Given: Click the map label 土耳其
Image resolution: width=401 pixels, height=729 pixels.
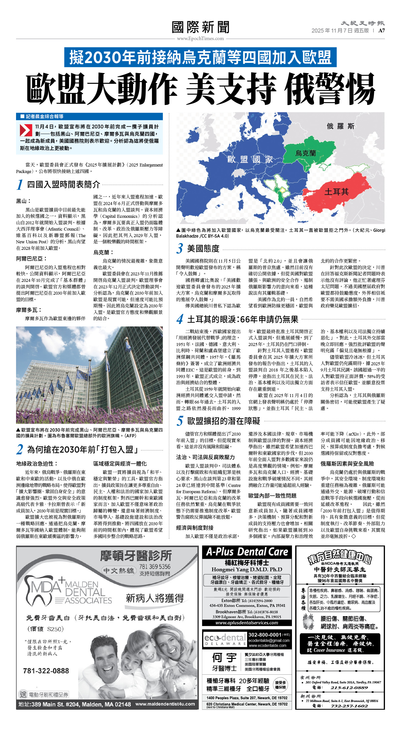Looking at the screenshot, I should tap(336, 192).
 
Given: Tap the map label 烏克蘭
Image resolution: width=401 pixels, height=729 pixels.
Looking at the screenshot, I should tap(305, 153).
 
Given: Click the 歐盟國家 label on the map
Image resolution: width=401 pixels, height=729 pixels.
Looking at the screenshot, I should tap(250, 159).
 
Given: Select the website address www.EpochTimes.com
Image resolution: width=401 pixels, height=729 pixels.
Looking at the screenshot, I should tap(200, 39).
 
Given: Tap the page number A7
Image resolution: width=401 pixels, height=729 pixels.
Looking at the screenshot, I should tap(381, 31).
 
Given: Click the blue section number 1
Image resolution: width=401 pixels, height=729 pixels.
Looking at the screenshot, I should tap(20, 185).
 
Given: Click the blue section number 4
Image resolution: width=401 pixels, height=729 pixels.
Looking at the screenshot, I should tap(180, 319).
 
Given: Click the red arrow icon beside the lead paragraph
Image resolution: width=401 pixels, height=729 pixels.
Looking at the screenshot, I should tap(26, 130).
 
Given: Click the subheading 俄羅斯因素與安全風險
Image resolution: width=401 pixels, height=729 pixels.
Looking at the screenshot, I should tap(347, 464).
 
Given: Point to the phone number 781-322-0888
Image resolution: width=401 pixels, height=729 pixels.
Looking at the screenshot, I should tap(46, 671).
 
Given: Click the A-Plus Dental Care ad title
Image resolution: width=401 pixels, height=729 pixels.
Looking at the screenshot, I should tap(247, 552).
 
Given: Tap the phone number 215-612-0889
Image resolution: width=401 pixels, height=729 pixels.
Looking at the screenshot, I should tap(349, 688).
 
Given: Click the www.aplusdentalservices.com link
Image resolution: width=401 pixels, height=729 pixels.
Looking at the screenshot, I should tap(247, 623).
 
